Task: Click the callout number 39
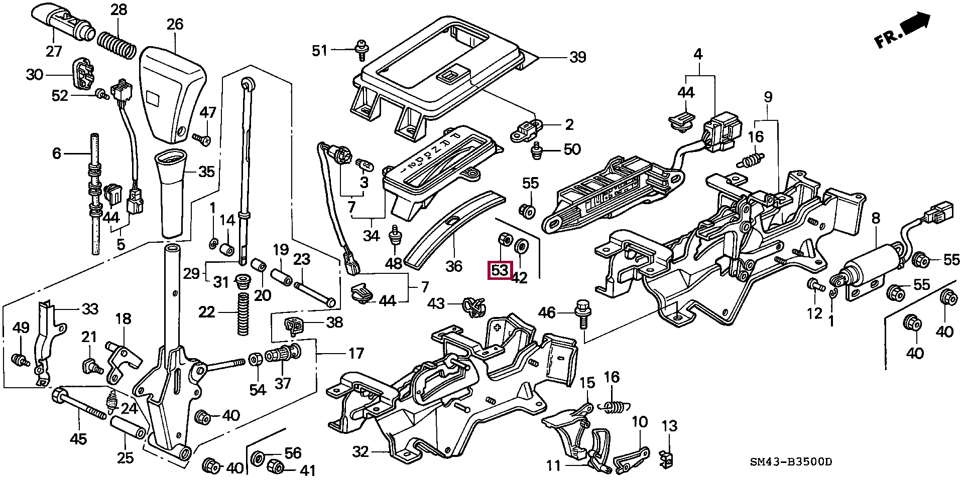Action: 577,57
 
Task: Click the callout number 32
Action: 360,452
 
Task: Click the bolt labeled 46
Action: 583,311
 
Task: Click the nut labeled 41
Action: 276,465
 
